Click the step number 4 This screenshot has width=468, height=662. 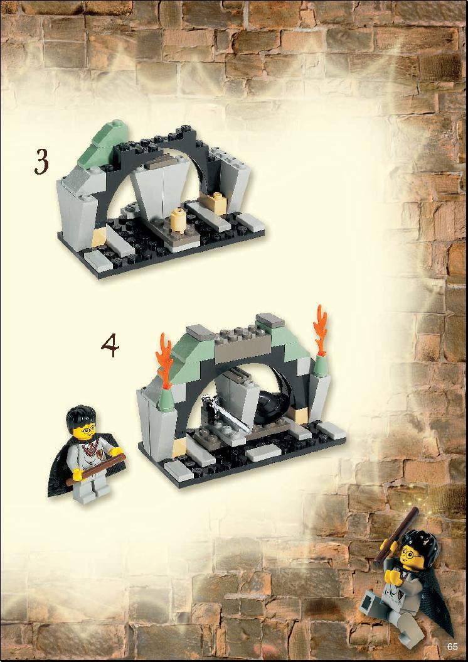coord(110,346)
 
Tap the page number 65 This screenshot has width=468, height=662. coord(453,647)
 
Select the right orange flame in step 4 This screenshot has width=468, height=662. coord(320,328)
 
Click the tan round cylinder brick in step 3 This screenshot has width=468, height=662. coord(180,220)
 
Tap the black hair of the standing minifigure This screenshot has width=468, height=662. coord(81,416)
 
